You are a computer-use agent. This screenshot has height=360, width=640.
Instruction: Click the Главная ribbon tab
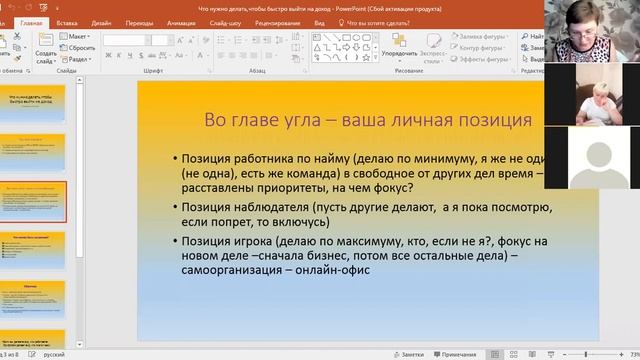[31, 21]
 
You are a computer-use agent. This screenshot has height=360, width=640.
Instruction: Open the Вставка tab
[68, 21]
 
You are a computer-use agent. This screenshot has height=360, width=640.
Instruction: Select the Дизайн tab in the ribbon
[101, 21]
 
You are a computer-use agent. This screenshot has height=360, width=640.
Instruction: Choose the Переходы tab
[139, 21]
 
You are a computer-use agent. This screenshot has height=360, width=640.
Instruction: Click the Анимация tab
[182, 21]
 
